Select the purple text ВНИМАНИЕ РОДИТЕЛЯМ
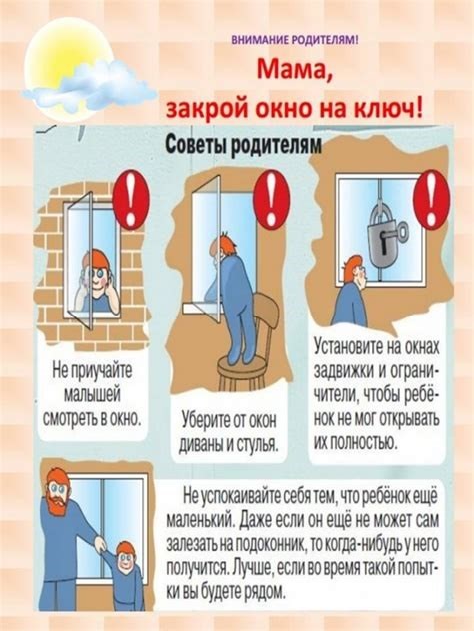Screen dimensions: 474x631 click(x=294, y=40)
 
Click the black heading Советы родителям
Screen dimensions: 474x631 click(x=244, y=144)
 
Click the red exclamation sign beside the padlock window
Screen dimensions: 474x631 click(x=432, y=199)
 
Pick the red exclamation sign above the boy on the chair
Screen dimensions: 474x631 click(x=272, y=199)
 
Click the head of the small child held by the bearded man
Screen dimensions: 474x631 click(x=126, y=557)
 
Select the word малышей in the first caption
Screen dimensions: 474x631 click(x=92, y=394)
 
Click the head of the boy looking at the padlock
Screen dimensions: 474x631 click(x=355, y=269)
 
